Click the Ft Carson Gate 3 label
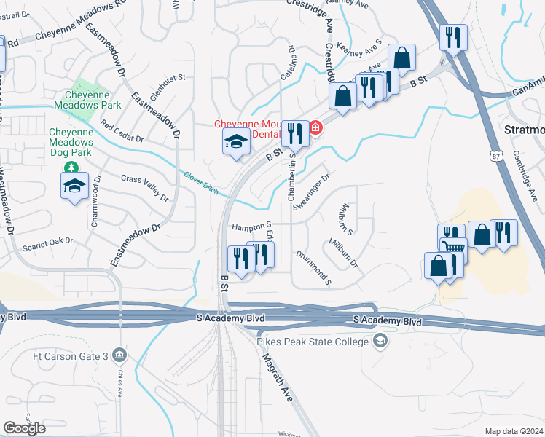[72, 355]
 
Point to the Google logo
[24, 428]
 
